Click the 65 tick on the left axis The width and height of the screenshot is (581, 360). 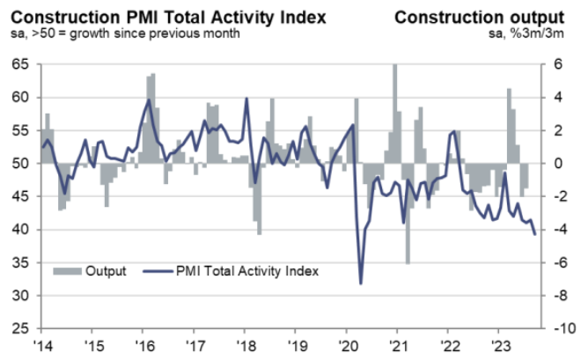[x=18, y=64]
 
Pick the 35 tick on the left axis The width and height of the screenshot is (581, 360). [x=18, y=262]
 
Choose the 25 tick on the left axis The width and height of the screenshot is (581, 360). [x=18, y=328]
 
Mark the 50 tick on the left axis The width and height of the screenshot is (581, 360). [x=18, y=164]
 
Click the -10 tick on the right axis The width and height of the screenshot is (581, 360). [x=555, y=328]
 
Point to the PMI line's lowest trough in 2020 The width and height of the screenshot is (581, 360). [x=361, y=283]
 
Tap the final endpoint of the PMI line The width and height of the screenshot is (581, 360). [x=536, y=233]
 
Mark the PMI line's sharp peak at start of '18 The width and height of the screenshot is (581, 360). [x=246, y=98]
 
